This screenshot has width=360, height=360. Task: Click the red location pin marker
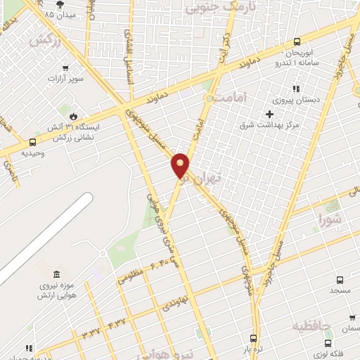(x=181, y=165)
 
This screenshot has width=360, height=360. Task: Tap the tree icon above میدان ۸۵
(x=49, y=4)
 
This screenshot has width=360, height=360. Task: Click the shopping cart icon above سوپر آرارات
(x=65, y=68)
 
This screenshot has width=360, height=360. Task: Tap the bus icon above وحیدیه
(x=32, y=142)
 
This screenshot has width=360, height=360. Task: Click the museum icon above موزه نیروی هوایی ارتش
(x=56, y=274)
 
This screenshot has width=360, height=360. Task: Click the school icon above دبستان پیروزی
(x=296, y=89)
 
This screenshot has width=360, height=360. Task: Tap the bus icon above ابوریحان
(x=297, y=41)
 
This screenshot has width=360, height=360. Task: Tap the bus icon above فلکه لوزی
(x=328, y=342)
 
